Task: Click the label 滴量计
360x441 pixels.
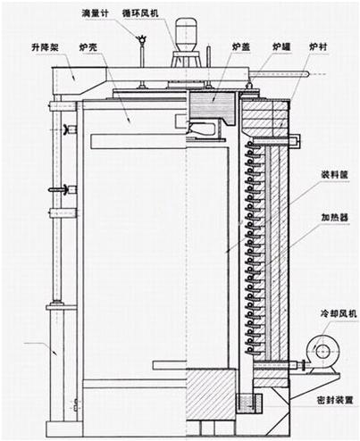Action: coord(95,13)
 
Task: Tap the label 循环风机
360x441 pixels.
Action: coord(140,13)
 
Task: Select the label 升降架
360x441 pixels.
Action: coord(45,46)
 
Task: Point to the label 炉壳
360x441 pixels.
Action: coord(88,46)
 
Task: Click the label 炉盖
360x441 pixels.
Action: coord(241,46)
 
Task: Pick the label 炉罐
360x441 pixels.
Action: coord(281,46)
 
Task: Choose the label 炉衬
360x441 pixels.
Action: coord(318,46)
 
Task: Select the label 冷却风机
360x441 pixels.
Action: coord(339,313)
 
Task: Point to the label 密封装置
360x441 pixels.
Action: coord(335,400)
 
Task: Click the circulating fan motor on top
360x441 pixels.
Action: coord(186,36)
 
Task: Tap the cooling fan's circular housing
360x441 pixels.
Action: coord(322,352)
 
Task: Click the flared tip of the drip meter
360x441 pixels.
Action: coord(141,37)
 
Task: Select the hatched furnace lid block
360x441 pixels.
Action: coord(212,105)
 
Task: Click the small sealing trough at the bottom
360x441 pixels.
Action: coord(249,404)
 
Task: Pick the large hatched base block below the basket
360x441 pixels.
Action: coord(211,394)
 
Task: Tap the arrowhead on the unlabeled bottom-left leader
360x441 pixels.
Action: coord(54,353)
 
